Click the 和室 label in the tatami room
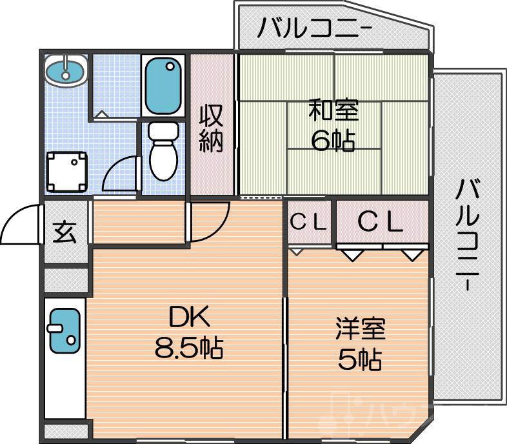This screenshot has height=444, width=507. tap(333, 110)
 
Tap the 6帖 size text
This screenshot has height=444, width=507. tap(333, 140)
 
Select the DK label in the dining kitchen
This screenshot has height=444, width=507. tap(189, 317)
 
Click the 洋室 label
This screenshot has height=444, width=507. tap(359, 328)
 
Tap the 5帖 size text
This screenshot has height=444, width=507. tap(359, 359)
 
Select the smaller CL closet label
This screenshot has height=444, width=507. tap(310, 223)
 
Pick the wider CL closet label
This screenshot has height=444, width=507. tap(381, 223)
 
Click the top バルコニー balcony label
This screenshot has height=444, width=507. tap(315, 28)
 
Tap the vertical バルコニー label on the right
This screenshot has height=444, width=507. tap(468, 235)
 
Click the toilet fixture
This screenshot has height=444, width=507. tap(162, 150)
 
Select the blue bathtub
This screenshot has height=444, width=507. tap(163, 85)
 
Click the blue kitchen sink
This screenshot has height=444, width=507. tap(64, 331)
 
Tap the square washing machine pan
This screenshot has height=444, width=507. tap(68, 171)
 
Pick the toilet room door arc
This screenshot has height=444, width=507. tap(121, 173)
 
